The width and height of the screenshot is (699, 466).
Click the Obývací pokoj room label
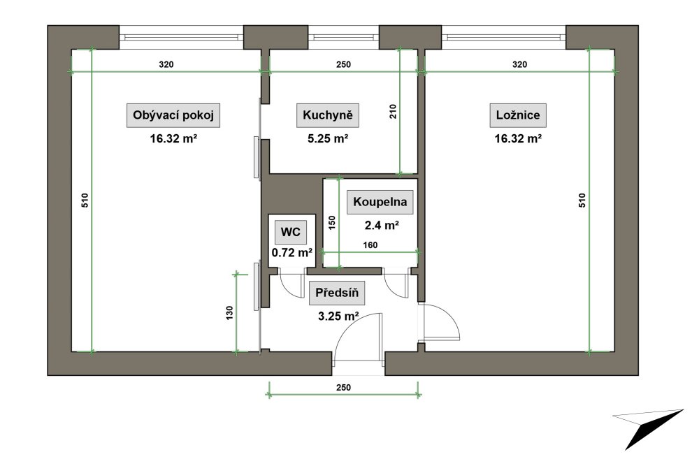pos(173,115)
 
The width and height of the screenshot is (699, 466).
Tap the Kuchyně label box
pos(328,115)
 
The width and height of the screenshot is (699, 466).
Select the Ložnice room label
pos(518,115)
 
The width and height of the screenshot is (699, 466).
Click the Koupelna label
pos(380,202)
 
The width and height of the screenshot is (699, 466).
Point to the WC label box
pos(290,232)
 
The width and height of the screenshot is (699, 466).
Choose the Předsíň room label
pos(337,293)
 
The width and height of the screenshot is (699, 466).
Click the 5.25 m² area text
pos(328,138)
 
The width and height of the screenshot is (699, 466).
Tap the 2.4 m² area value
pos(382,226)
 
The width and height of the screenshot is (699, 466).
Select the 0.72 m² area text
pos(292,253)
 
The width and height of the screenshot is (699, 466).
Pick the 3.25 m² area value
pos(338,316)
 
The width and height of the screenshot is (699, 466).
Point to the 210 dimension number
pos(393,111)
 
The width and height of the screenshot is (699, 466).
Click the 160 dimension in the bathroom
pos(370,245)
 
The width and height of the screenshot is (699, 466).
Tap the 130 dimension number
pos(229,313)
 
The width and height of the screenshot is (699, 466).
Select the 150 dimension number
pos(331,223)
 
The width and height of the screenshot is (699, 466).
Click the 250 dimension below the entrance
pos(343,388)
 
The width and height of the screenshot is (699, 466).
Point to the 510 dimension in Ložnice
pos(582,201)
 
